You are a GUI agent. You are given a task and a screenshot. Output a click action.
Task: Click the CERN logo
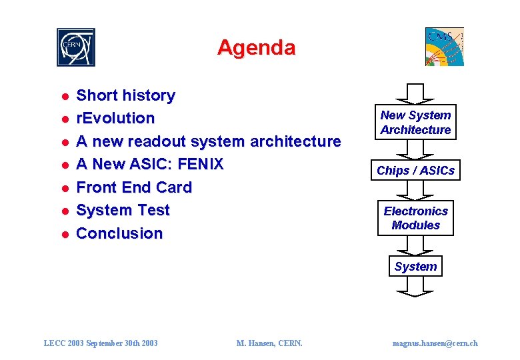tap(75, 47)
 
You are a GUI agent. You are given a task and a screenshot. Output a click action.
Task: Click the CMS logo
tap(445, 47)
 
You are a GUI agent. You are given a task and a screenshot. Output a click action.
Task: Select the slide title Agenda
tap(256, 48)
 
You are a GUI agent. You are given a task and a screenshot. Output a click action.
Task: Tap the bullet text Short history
tap(125, 95)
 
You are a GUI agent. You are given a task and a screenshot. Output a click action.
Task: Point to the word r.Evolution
tap(115, 119)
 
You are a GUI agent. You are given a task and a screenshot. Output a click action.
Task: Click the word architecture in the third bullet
tap(295, 141)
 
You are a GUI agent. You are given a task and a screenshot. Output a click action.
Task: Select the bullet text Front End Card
tap(134, 187)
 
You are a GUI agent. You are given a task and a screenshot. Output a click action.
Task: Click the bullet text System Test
tap(123, 210)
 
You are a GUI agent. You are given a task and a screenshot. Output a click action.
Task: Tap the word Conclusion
tap(119, 233)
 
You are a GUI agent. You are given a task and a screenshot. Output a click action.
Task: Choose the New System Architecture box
tap(415, 123)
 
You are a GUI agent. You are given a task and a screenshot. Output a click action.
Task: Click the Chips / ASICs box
tap(415, 171)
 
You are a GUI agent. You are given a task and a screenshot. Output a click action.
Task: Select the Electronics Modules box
tap(415, 218)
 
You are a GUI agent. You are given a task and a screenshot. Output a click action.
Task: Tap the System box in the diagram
tap(415, 267)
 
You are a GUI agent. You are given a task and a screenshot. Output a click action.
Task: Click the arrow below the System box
tap(415, 287)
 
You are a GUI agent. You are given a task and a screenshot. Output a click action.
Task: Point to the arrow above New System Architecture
tap(415, 94)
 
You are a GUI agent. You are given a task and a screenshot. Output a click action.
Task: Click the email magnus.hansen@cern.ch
tap(435, 343)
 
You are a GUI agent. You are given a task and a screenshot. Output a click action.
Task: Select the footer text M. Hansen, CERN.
tap(269, 343)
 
